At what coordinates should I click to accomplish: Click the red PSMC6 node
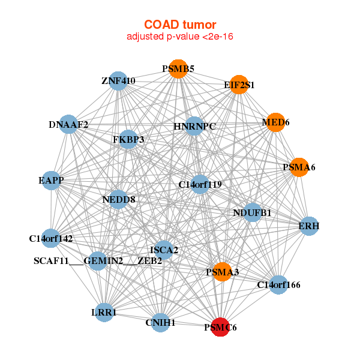tap(220, 327)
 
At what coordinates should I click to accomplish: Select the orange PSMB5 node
tap(178, 68)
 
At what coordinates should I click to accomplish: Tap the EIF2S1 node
tap(239, 85)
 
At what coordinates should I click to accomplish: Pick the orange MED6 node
tap(275, 122)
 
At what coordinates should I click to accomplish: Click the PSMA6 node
tap(299, 167)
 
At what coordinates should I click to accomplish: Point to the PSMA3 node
tap(222, 272)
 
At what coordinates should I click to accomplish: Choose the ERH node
tap(309, 226)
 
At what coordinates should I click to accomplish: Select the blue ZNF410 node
tap(118, 81)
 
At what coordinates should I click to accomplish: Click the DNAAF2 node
tap(68, 124)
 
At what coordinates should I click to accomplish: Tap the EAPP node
tap(51, 181)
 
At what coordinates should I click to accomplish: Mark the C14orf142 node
tap(51, 238)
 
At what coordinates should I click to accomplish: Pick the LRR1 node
tap(104, 312)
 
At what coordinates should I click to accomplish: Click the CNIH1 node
tap(160, 323)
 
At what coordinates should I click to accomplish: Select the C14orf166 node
tap(278, 284)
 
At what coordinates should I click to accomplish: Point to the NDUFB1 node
tap(253, 212)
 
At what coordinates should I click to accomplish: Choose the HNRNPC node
tap(194, 126)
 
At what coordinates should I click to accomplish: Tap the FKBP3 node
tap(128, 139)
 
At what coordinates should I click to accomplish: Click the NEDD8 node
tap(118, 199)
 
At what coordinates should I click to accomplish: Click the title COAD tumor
tap(180, 25)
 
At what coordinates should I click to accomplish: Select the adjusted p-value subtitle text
tap(180, 37)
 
